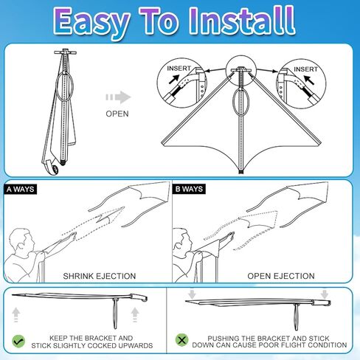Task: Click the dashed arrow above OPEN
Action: (117, 97)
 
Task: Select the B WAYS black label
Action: (190, 189)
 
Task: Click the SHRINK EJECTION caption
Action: (99, 276)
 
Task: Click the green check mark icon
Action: (18, 341)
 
